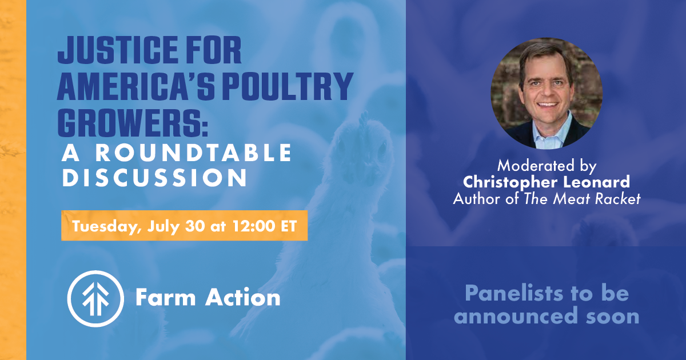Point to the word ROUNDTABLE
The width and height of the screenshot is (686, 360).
click(x=194, y=153)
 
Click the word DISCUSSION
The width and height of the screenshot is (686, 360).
click(x=155, y=177)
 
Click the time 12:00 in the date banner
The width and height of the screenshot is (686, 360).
click(x=254, y=226)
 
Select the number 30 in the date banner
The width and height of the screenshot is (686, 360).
click(x=195, y=226)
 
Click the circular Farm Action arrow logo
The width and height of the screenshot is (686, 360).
click(x=95, y=298)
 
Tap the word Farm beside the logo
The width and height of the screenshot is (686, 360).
click(x=166, y=297)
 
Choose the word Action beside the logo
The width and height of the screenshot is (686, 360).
click(x=243, y=297)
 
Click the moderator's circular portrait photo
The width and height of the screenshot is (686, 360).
click(x=547, y=93)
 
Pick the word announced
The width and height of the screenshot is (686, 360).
click(x=516, y=316)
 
